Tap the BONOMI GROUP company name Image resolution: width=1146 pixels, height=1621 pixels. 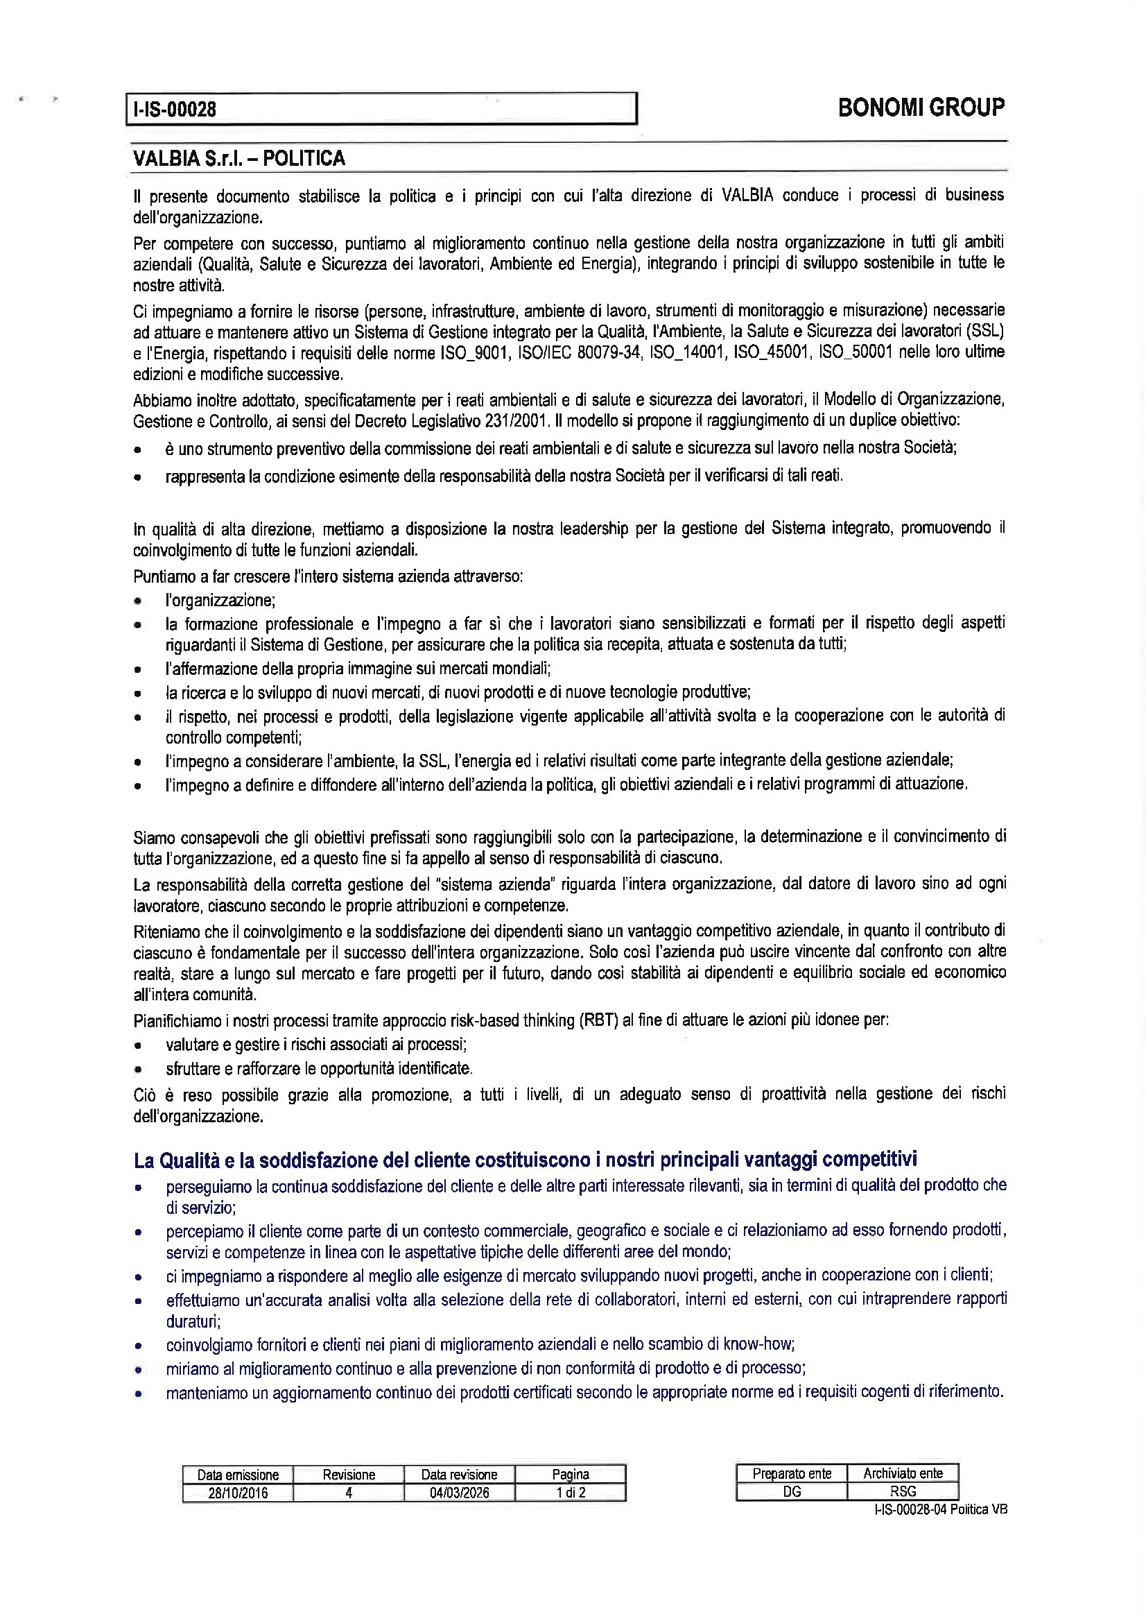point(921,108)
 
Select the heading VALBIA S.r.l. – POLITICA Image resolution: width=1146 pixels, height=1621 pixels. point(239,158)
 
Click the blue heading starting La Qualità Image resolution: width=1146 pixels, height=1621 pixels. point(525,1160)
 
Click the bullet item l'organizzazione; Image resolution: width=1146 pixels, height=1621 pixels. point(220,601)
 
